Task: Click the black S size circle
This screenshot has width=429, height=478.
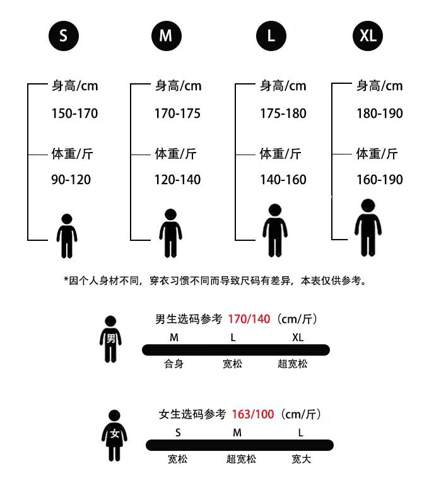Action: point(64,36)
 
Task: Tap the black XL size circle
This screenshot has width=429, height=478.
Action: point(367,36)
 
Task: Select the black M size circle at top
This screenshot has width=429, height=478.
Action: point(166,36)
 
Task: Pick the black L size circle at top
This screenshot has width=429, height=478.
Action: point(271,36)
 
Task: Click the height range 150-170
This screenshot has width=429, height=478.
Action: point(74,114)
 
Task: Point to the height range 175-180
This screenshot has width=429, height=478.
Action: point(283,114)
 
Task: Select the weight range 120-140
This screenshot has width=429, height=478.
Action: point(177,180)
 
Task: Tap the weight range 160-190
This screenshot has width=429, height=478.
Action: point(379,180)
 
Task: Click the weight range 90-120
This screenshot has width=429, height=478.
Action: point(71,180)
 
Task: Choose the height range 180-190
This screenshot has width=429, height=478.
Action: point(379,114)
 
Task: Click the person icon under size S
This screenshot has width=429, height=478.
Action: point(66,236)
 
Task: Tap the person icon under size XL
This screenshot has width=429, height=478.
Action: point(368,227)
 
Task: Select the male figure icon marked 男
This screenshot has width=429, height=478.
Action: point(110,339)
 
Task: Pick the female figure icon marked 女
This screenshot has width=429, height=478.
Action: point(114,435)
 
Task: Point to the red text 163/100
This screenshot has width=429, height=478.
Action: point(253,414)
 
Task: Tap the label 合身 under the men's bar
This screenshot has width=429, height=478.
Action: point(173,364)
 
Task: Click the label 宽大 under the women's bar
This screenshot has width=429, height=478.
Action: point(301,459)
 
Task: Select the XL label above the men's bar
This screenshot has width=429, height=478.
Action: point(298,337)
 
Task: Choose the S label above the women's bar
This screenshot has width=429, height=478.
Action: point(178,433)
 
